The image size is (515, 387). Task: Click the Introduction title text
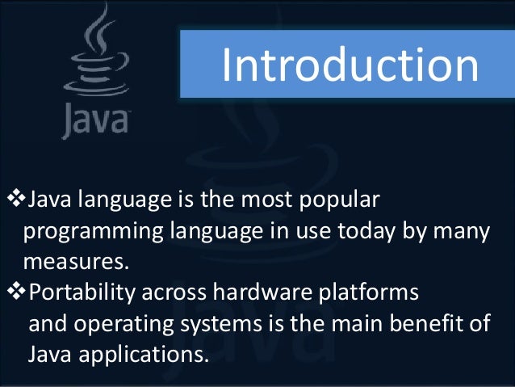[x=350, y=65]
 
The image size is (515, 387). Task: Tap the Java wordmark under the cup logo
[x=94, y=120]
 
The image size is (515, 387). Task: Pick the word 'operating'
[x=127, y=324]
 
